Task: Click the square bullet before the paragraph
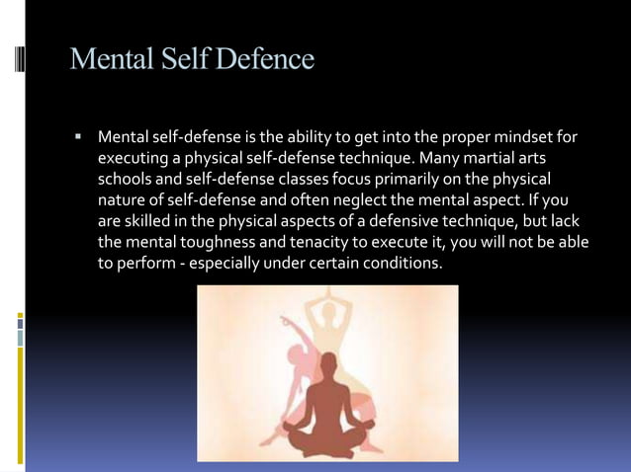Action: coord(77,134)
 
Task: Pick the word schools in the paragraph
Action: coord(126,180)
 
